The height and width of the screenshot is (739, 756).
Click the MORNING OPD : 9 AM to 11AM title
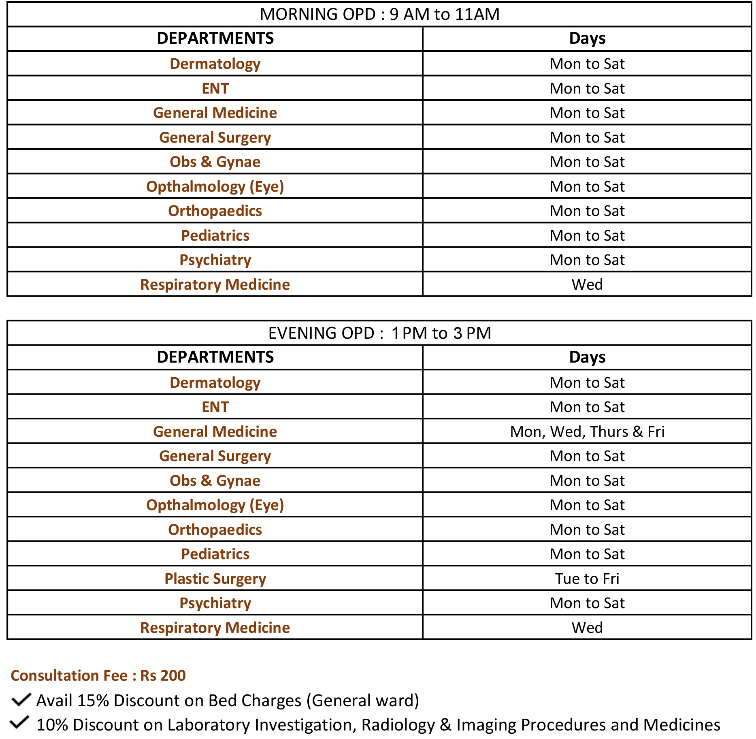click(379, 15)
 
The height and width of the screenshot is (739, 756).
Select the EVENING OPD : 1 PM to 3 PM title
click(379, 333)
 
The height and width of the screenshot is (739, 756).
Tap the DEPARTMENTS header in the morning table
click(215, 38)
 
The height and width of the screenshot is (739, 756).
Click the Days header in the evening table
click(587, 357)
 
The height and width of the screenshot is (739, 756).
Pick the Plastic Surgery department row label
click(215, 579)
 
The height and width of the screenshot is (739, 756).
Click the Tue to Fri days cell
click(587, 579)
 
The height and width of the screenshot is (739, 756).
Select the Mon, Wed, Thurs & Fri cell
click(587, 431)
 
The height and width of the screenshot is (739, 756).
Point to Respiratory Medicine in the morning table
click(215, 284)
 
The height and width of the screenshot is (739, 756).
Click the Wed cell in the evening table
click(587, 628)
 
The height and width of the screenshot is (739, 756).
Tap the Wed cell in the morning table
click(587, 284)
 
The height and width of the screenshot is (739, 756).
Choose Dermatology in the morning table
click(215, 64)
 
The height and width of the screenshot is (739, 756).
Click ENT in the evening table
click(215, 407)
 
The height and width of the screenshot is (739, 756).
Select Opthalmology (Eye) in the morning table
click(215, 186)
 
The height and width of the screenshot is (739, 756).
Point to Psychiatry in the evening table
click(215, 603)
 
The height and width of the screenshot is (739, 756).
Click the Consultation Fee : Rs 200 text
click(98, 675)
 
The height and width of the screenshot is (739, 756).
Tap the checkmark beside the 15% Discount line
click(21, 700)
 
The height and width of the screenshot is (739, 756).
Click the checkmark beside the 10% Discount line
click(19, 722)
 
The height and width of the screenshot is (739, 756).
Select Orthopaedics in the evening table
click(215, 530)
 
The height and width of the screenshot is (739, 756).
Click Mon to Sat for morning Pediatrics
click(587, 235)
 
